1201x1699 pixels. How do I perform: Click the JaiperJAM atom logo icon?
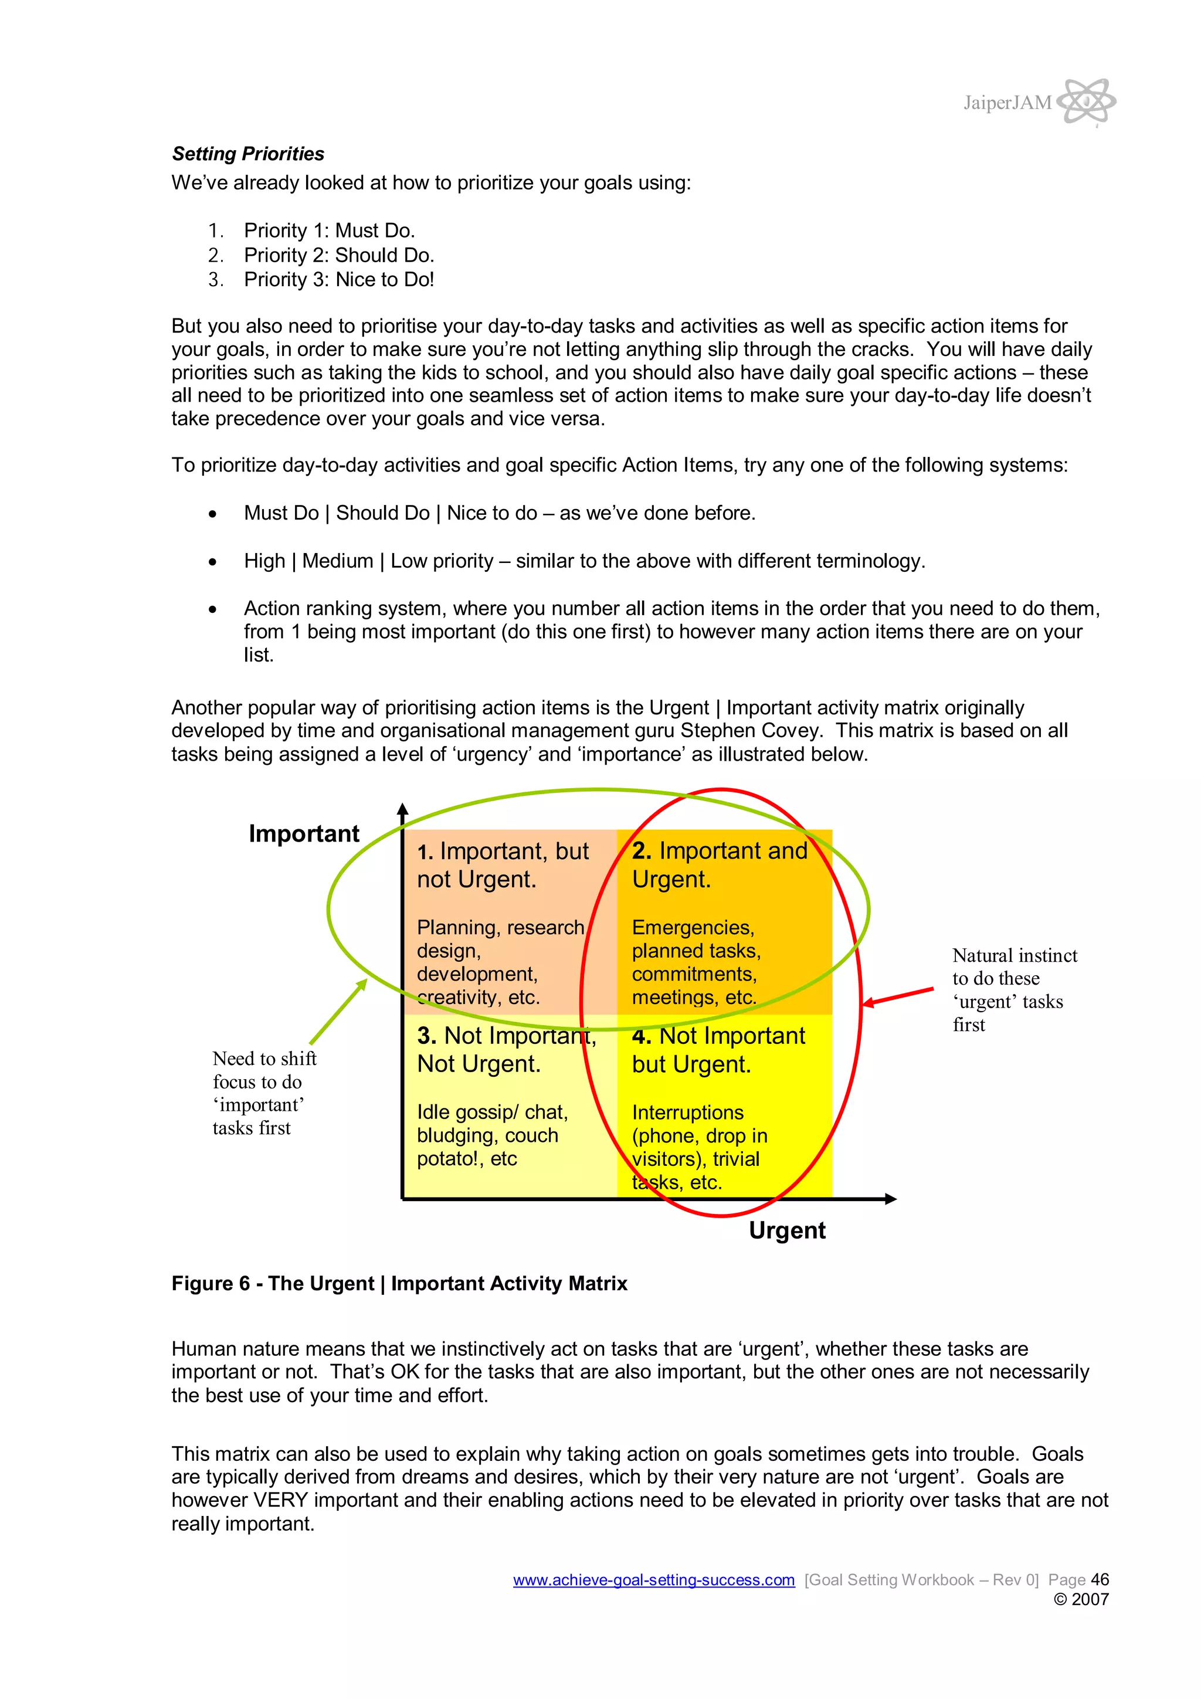[x=1085, y=101]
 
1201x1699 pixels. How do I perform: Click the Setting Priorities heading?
[x=248, y=154]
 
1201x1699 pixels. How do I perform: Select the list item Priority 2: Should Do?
[x=339, y=255]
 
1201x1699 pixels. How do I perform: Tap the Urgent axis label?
[x=786, y=1230]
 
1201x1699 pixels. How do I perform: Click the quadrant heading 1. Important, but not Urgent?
[x=503, y=865]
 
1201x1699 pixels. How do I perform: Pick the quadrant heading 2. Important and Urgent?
[x=720, y=865]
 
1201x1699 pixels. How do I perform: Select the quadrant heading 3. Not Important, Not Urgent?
[x=506, y=1050]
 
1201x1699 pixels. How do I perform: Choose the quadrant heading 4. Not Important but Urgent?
[x=718, y=1050]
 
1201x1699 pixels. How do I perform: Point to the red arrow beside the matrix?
[x=898, y=996]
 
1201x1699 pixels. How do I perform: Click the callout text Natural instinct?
[x=1015, y=956]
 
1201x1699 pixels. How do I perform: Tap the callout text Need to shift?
[x=264, y=1059]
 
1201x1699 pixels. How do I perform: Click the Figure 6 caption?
[x=399, y=1284]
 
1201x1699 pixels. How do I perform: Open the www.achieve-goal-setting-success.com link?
[x=653, y=1580]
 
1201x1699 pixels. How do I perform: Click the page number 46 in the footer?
[x=1100, y=1580]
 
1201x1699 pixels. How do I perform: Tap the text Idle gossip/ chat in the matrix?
[x=492, y=1112]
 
